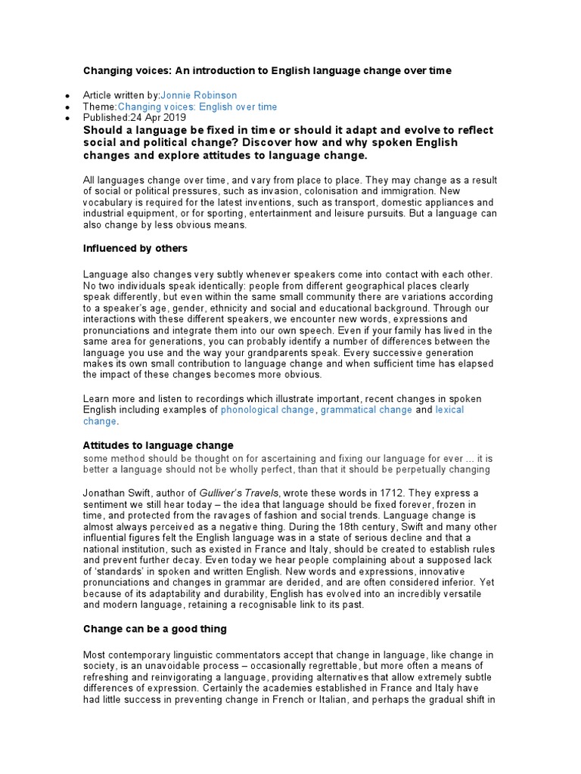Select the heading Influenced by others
tap(135, 248)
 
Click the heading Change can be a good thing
tap(154, 628)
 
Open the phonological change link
tap(267, 410)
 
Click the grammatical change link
tap(366, 410)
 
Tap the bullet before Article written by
tap(68, 96)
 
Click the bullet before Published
tap(68, 119)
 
